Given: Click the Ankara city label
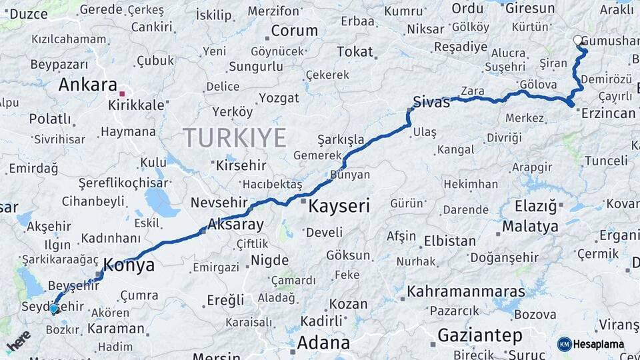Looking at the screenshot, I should point(87,85).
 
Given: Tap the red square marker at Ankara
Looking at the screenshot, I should point(122,93).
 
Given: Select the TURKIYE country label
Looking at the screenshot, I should point(235,137).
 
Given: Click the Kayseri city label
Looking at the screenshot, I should point(339,206).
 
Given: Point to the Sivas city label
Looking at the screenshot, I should point(432,102).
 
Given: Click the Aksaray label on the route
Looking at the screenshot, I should point(235,224).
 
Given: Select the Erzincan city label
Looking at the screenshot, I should point(608,113).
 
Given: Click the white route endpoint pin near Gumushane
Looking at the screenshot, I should point(578,40).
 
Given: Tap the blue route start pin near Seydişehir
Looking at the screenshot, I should point(53,308).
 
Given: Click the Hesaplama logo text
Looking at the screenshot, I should point(597,344).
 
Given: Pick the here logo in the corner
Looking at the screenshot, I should point(18,341).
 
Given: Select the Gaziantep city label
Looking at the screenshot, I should point(480,335).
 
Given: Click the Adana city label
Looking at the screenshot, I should point(323,343).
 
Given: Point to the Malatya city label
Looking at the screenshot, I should point(530,226).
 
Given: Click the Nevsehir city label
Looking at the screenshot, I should point(219,203).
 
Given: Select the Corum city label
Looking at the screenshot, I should point(295,31).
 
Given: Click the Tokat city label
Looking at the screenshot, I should point(355,51).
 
